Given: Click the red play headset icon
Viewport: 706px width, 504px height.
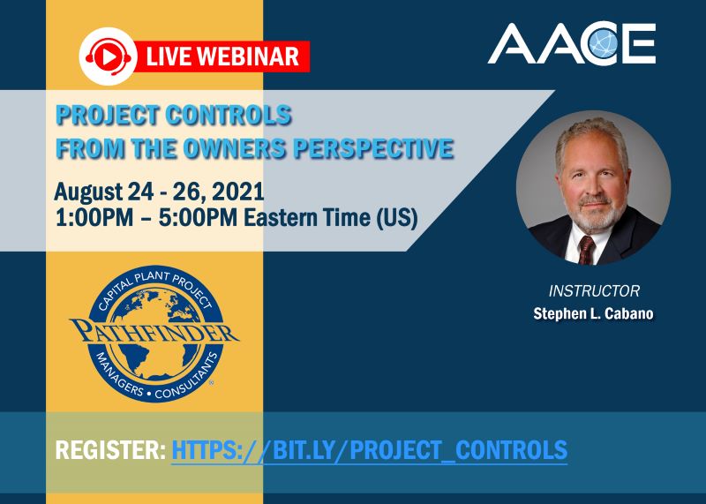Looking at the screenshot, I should (107, 56).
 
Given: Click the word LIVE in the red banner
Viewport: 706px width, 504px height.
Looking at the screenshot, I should (167, 57).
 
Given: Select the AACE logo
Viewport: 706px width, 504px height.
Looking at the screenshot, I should (572, 44).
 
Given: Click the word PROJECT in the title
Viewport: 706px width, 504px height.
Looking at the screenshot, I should (109, 116).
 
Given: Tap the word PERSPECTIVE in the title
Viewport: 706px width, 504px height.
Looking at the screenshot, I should (388, 148).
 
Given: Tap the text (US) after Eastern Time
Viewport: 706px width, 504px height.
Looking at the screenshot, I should (394, 217).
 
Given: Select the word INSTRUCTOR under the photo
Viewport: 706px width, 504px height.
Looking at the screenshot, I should (594, 290).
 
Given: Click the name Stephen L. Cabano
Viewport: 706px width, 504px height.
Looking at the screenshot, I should (593, 313).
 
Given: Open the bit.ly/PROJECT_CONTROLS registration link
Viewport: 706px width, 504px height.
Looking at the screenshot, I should (369, 450).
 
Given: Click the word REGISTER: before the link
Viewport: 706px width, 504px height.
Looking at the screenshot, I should (110, 450).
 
